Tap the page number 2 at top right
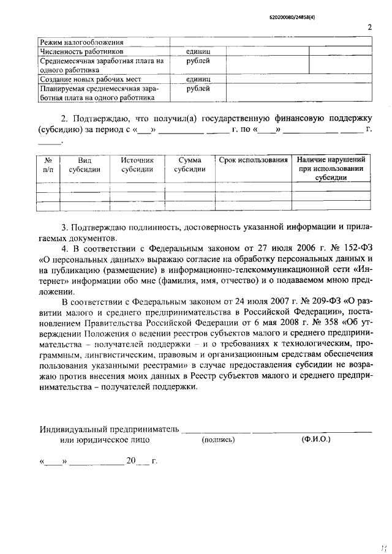click(x=369, y=27)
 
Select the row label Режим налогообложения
click(x=81, y=42)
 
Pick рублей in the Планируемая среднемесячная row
click(x=198, y=88)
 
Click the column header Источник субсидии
click(x=137, y=165)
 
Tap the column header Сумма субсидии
click(x=190, y=165)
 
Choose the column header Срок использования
click(x=253, y=160)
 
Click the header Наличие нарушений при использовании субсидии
click(x=331, y=168)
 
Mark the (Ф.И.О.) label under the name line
click(x=315, y=439)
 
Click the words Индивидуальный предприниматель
click(x=110, y=429)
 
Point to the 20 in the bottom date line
click(x=131, y=462)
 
